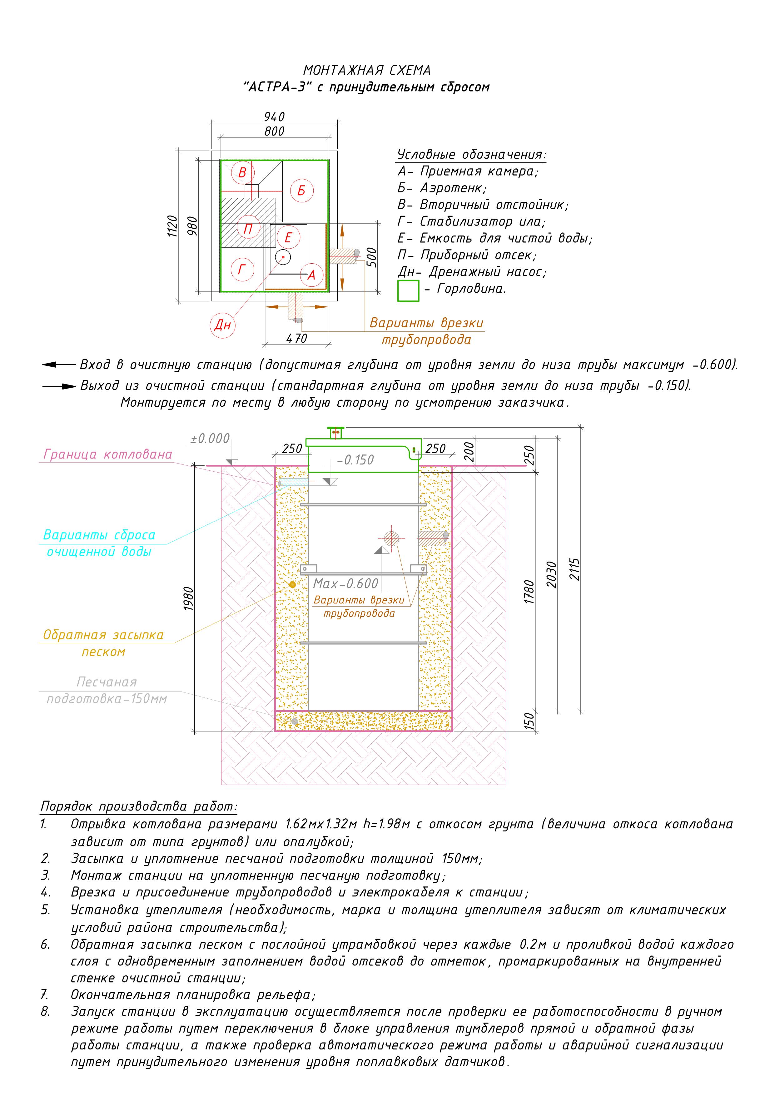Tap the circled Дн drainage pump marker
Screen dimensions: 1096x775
(x=222, y=325)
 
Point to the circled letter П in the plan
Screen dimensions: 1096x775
(x=248, y=229)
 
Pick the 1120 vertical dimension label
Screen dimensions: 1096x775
(x=172, y=226)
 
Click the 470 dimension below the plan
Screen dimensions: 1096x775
(x=296, y=339)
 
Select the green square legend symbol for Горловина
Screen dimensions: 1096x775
(x=408, y=291)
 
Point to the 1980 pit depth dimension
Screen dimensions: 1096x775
(x=189, y=598)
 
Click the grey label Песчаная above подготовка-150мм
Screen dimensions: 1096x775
(x=107, y=682)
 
